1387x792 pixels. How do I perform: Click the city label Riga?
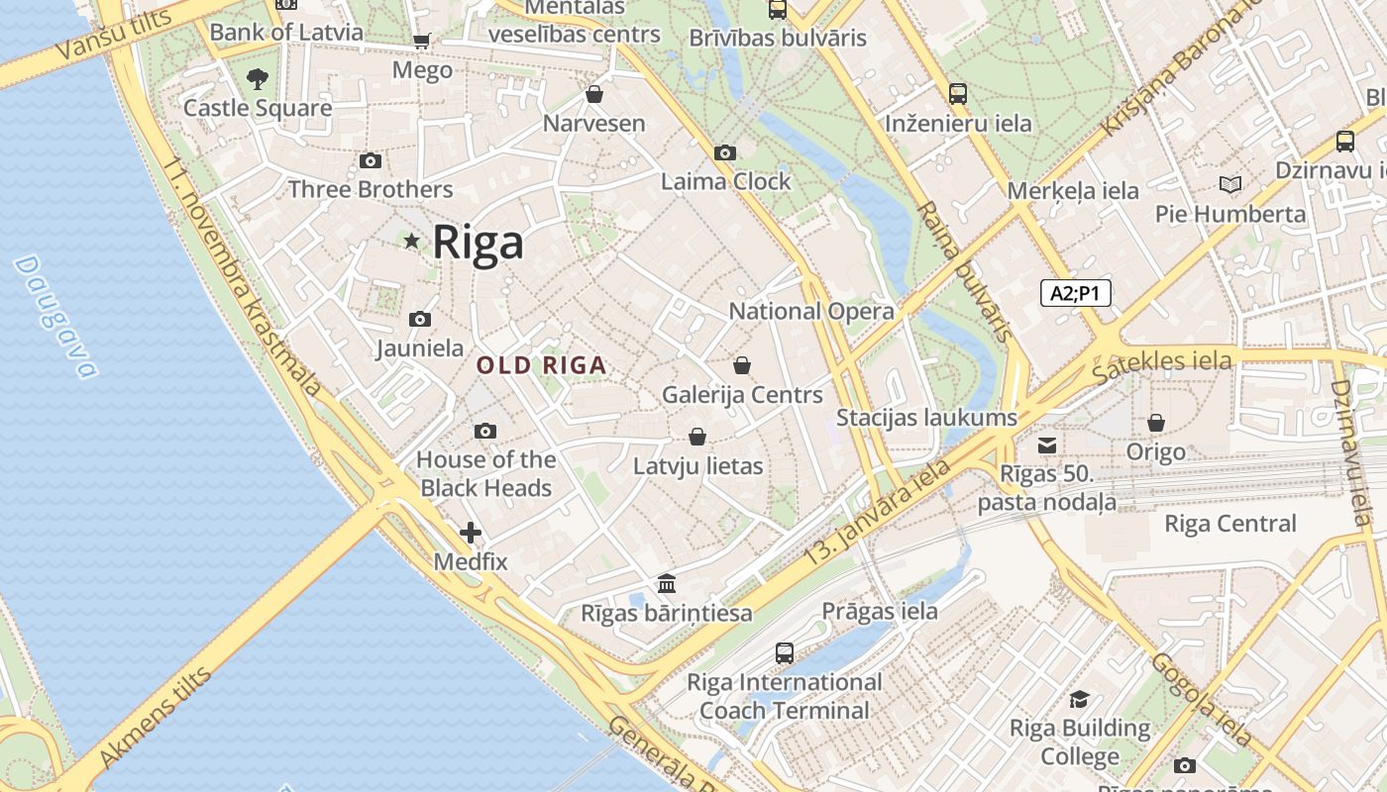[x=479, y=243]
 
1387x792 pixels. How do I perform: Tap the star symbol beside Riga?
[x=412, y=241]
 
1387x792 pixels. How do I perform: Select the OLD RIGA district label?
[x=541, y=365]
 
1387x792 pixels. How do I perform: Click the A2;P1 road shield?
[x=1075, y=293]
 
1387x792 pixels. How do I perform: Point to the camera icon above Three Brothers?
[x=370, y=160]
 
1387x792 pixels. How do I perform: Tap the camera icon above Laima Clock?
[x=725, y=152]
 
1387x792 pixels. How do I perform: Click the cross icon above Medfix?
[x=471, y=533]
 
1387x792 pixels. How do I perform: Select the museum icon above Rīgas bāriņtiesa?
[x=667, y=583]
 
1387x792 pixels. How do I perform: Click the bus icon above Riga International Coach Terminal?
[x=785, y=652]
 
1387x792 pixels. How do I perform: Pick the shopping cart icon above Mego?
[x=422, y=41]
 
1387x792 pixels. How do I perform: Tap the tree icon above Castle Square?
[x=258, y=78]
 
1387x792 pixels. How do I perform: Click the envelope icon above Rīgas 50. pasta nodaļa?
[x=1047, y=445]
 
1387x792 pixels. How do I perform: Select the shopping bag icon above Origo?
[x=1156, y=423]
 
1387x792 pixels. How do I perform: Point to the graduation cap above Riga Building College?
[x=1080, y=699]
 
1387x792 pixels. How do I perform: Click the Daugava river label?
[x=56, y=317]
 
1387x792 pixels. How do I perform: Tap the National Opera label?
[x=811, y=311]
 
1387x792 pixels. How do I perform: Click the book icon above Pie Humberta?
[x=1230, y=184]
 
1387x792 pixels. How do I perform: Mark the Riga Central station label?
[x=1230, y=524]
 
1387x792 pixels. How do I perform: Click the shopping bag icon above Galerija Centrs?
[x=742, y=365]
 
